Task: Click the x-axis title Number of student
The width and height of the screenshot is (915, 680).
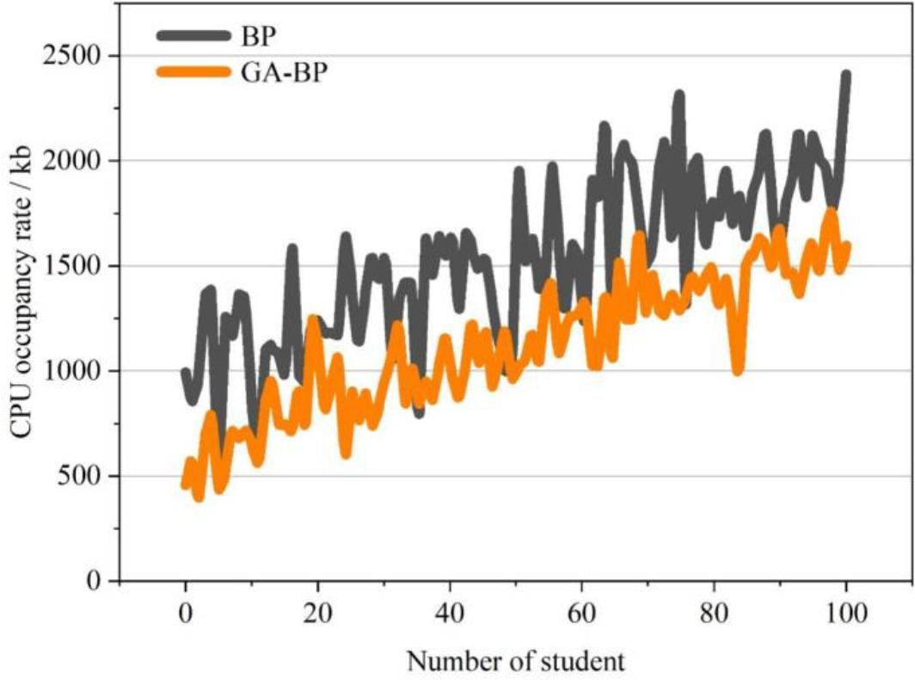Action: pos(515,661)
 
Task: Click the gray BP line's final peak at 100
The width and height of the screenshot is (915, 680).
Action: pos(846,76)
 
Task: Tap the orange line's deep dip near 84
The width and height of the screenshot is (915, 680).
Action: pos(738,369)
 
